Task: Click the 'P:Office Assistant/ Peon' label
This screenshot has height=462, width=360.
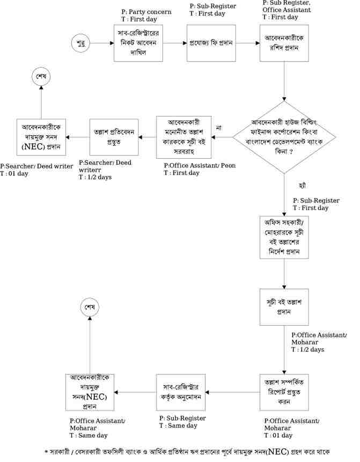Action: [x=199, y=165]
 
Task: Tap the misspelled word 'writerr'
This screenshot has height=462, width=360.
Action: [x=90, y=169]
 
